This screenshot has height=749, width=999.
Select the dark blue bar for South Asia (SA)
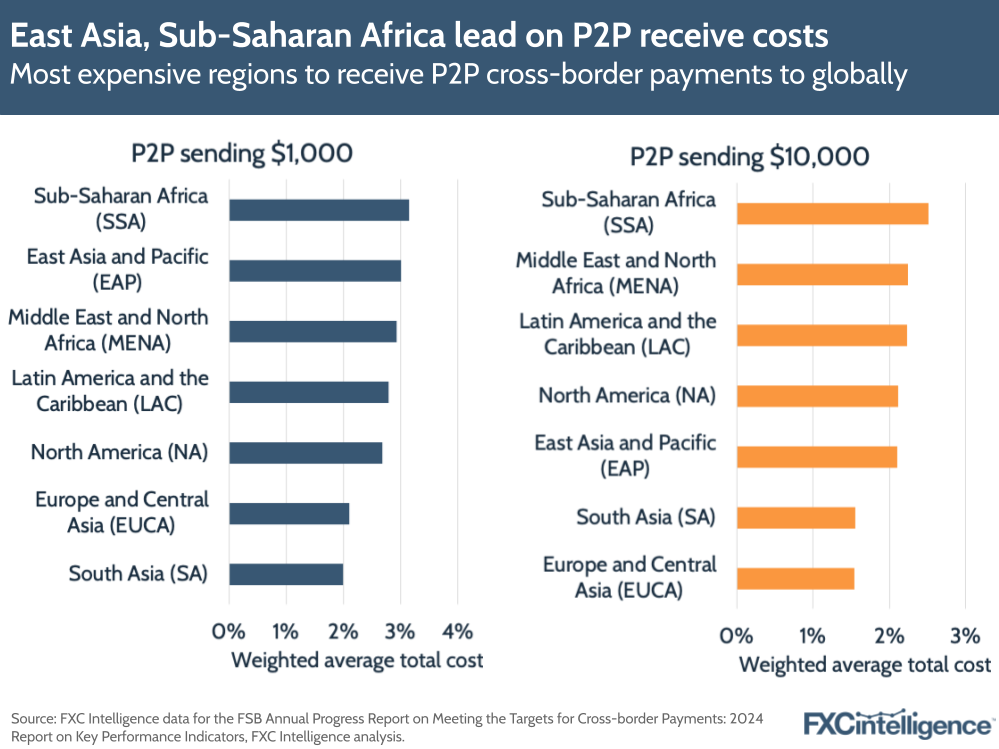click(x=286, y=574)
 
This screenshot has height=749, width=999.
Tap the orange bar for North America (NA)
click(x=817, y=396)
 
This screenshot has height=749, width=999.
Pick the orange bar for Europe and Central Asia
click(x=795, y=578)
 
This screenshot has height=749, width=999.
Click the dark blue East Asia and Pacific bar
click(x=314, y=270)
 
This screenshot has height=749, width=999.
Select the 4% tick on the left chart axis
click(x=457, y=631)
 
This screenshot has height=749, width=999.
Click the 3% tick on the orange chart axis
click(x=965, y=635)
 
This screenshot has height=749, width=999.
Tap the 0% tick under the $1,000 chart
click(x=229, y=631)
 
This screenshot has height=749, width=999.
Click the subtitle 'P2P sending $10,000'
click(x=749, y=157)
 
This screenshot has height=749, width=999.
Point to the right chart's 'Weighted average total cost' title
click(x=864, y=665)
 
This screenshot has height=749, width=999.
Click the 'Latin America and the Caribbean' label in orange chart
click(x=617, y=334)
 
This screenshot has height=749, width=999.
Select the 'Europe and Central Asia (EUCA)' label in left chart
click(x=121, y=512)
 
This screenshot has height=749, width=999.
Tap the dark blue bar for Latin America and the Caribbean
click(x=308, y=392)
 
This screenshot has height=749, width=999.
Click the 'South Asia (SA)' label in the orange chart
click(x=645, y=517)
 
